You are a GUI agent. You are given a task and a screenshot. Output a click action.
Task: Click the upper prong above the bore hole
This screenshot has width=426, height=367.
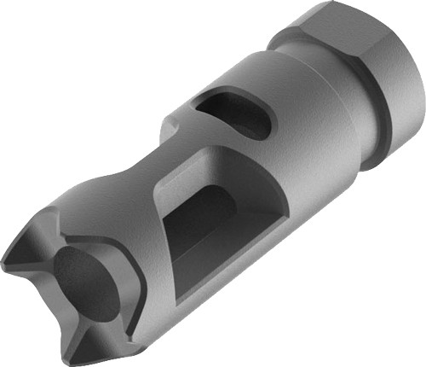[x=64, y=213]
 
